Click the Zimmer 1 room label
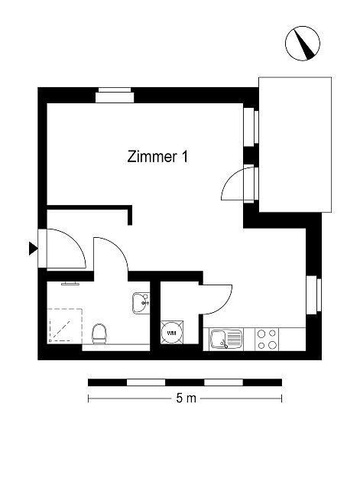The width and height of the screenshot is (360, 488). (157, 157)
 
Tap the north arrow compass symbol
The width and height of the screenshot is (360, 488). (302, 44)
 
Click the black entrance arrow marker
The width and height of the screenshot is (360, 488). (34, 249)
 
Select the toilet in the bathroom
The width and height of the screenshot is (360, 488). (99, 333)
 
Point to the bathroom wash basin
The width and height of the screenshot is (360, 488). (141, 303)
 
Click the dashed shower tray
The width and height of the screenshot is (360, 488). (64, 326)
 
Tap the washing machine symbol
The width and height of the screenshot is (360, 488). (172, 333)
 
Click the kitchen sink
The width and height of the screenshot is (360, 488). (226, 339)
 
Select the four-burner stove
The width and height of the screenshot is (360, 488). (267, 340)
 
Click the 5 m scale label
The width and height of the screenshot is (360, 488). (186, 398)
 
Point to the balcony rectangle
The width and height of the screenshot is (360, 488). (295, 145)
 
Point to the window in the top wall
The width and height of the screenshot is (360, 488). (115, 95)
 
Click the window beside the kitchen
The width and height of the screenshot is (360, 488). (313, 294)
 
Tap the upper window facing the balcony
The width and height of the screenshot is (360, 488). (251, 127)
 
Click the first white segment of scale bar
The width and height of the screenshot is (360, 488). (146, 382)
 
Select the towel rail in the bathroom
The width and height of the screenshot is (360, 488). (70, 284)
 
